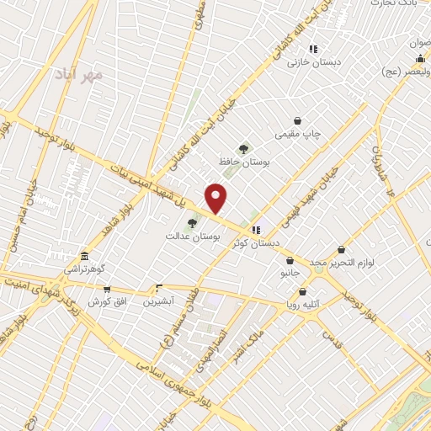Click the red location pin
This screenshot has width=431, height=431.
[x=216, y=198]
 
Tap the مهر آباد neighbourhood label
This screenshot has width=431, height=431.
[x=81, y=74]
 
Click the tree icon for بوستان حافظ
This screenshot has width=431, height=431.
[x=244, y=149]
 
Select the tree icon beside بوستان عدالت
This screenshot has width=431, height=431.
[x=193, y=224]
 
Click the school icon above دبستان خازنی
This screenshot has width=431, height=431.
[x=313, y=49]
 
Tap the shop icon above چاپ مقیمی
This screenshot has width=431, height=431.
[x=297, y=120]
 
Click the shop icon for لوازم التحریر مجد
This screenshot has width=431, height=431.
[x=340, y=249]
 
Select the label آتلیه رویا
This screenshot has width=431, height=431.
[x=306, y=306]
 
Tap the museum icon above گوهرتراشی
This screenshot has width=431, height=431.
[x=83, y=256]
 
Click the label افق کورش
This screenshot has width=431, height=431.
[x=96, y=301]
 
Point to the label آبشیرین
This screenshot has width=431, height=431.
[x=157, y=301]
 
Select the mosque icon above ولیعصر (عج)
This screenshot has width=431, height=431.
[x=419, y=57]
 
